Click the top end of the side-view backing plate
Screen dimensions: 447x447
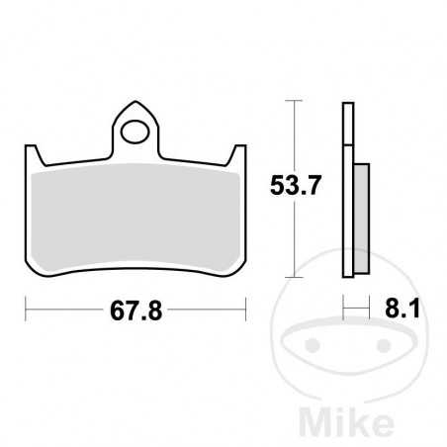(348, 105)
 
